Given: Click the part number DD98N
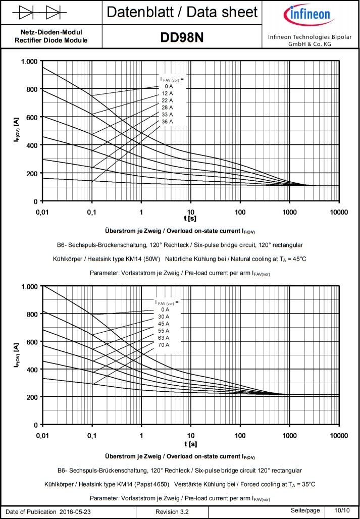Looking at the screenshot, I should tap(182, 38).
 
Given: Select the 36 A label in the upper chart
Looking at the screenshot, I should tap(167, 122).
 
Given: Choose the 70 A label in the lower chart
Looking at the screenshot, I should tap(164, 345).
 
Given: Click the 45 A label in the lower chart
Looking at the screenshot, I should tap(164, 324).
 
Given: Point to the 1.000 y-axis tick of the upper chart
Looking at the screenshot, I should tap(29, 62).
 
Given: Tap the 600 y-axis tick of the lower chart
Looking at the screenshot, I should tap(32, 342).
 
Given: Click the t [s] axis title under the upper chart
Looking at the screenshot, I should tap(190, 219).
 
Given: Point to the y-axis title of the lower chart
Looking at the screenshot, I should tap(17, 356).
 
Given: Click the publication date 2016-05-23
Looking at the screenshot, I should tap(79, 512).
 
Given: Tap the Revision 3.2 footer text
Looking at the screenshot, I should tap(172, 512).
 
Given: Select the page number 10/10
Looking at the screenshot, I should tap(342, 510).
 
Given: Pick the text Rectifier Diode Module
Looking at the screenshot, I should tap(51, 40).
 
